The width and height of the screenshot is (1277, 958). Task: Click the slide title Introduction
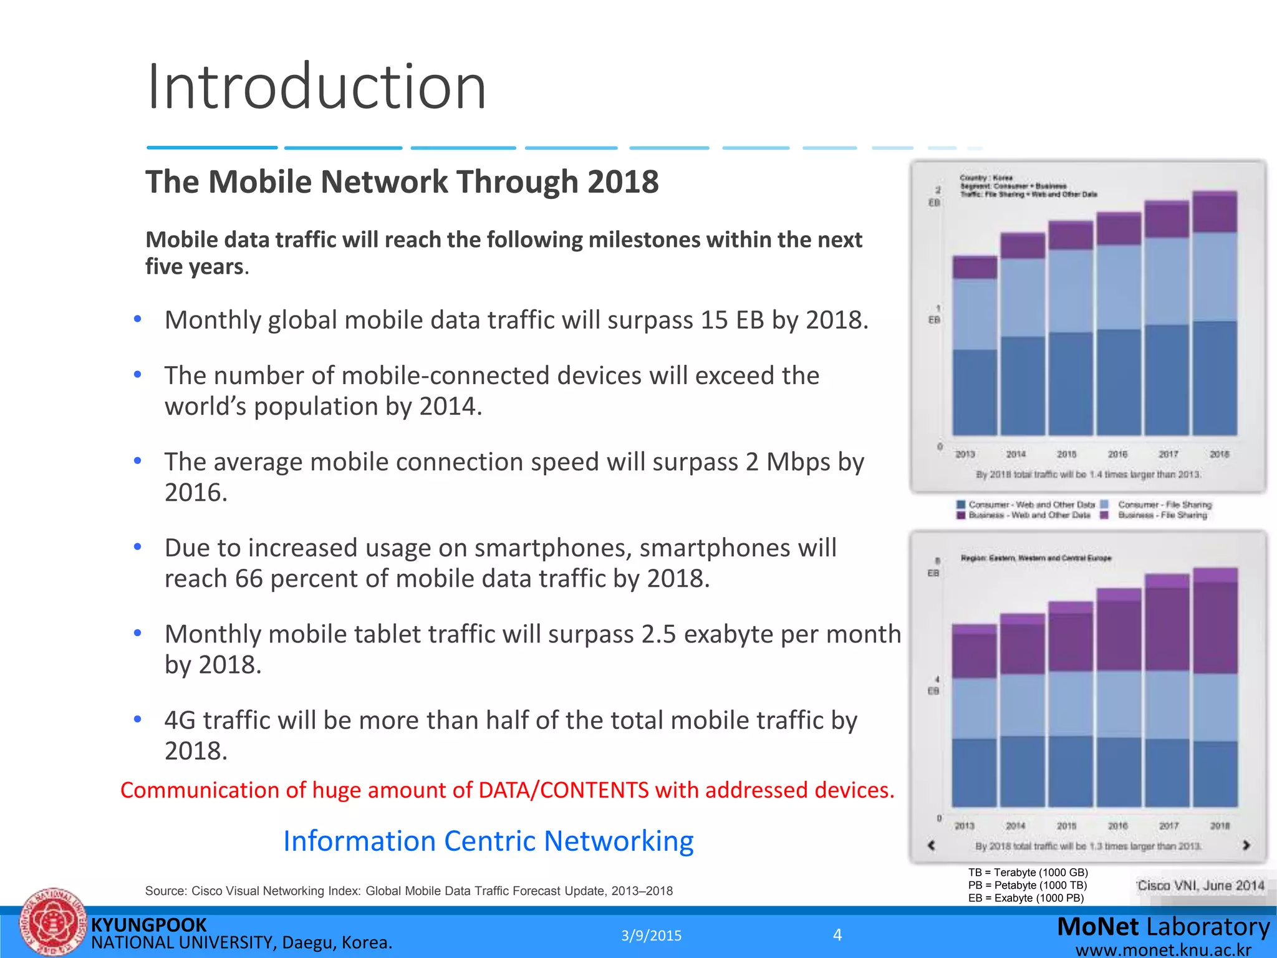click(316, 87)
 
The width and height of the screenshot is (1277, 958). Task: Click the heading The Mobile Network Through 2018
click(402, 182)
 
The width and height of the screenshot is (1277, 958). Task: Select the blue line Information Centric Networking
click(488, 841)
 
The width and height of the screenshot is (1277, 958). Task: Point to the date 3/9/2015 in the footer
click(651, 936)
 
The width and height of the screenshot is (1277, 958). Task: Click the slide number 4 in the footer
click(837, 934)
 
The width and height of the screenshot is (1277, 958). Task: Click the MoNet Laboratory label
click(1163, 927)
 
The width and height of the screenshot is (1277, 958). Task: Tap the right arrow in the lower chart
click(1246, 845)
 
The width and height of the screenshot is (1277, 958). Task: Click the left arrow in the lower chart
click(932, 845)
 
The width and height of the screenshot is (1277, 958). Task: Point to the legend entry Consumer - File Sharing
click(1164, 505)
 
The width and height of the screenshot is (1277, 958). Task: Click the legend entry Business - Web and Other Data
click(1029, 515)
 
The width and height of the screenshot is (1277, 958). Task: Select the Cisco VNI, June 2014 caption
click(1200, 886)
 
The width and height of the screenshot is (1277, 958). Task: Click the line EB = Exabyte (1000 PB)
click(1026, 898)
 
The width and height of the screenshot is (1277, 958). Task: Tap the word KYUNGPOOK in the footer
click(148, 925)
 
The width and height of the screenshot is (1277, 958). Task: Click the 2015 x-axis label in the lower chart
click(1066, 826)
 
